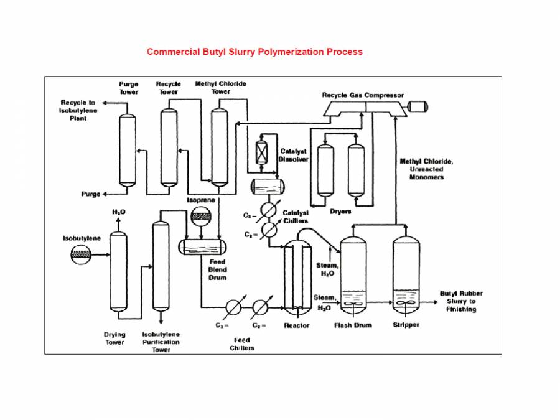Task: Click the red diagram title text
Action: [254, 52]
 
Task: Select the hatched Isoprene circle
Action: [200, 217]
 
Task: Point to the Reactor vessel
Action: [297, 278]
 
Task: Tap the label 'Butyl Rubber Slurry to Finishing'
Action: [461, 301]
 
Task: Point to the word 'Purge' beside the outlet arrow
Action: [90, 194]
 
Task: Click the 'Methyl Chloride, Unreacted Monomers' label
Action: [427, 169]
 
